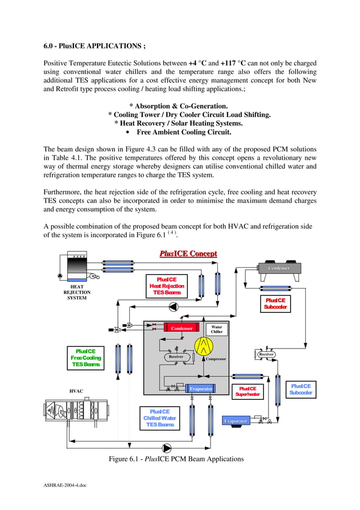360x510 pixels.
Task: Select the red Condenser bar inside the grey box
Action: coord(182,328)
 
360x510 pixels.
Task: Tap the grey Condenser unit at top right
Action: coord(279,268)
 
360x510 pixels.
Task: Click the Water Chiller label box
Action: coord(217,329)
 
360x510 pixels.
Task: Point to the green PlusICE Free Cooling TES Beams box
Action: coord(86,358)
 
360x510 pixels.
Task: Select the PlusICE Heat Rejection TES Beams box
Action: coord(166,286)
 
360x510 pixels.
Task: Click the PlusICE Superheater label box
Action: coord(248,391)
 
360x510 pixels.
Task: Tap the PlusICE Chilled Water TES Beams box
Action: coord(160,418)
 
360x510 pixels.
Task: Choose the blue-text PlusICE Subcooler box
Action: coord(301,389)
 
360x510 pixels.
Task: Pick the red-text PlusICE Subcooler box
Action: coord(275,303)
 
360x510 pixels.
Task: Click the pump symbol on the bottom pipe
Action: coord(167,448)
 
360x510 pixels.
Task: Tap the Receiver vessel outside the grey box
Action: coord(266,355)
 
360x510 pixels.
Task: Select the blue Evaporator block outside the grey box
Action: coord(236,421)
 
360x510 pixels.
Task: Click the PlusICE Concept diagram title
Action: coord(188,254)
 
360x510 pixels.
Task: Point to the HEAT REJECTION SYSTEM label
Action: coord(77,292)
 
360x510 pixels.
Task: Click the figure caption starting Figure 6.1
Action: coord(176,459)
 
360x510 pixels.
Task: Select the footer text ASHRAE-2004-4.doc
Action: coord(65,485)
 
